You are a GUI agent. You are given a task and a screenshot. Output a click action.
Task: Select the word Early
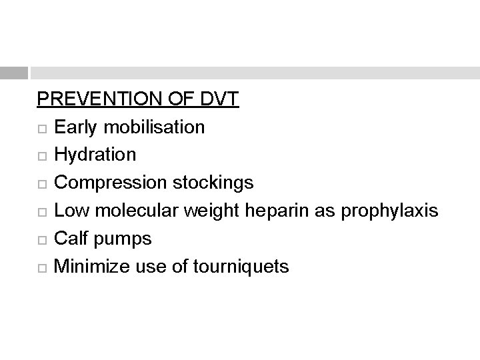74,127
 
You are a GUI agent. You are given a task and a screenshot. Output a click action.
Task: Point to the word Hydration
95,155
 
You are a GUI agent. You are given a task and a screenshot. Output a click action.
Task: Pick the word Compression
107,183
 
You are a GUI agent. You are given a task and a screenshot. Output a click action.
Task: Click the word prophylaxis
389,211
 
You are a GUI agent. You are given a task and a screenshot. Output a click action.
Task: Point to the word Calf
70,239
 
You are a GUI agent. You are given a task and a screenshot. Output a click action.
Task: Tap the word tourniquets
241,267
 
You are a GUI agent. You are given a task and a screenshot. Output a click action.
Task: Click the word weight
213,211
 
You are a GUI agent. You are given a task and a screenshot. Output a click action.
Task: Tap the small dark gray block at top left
14,73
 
